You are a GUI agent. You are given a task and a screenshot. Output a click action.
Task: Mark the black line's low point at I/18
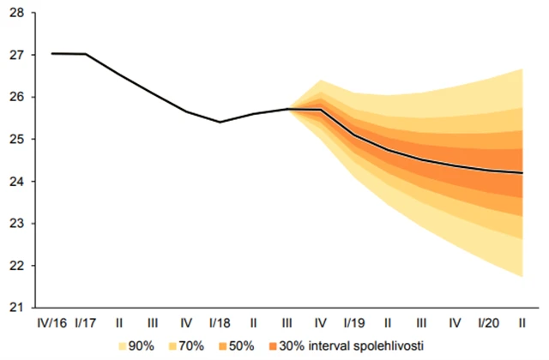pos(220,122)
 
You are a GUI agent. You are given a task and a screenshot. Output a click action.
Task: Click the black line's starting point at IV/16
pos(52,53)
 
